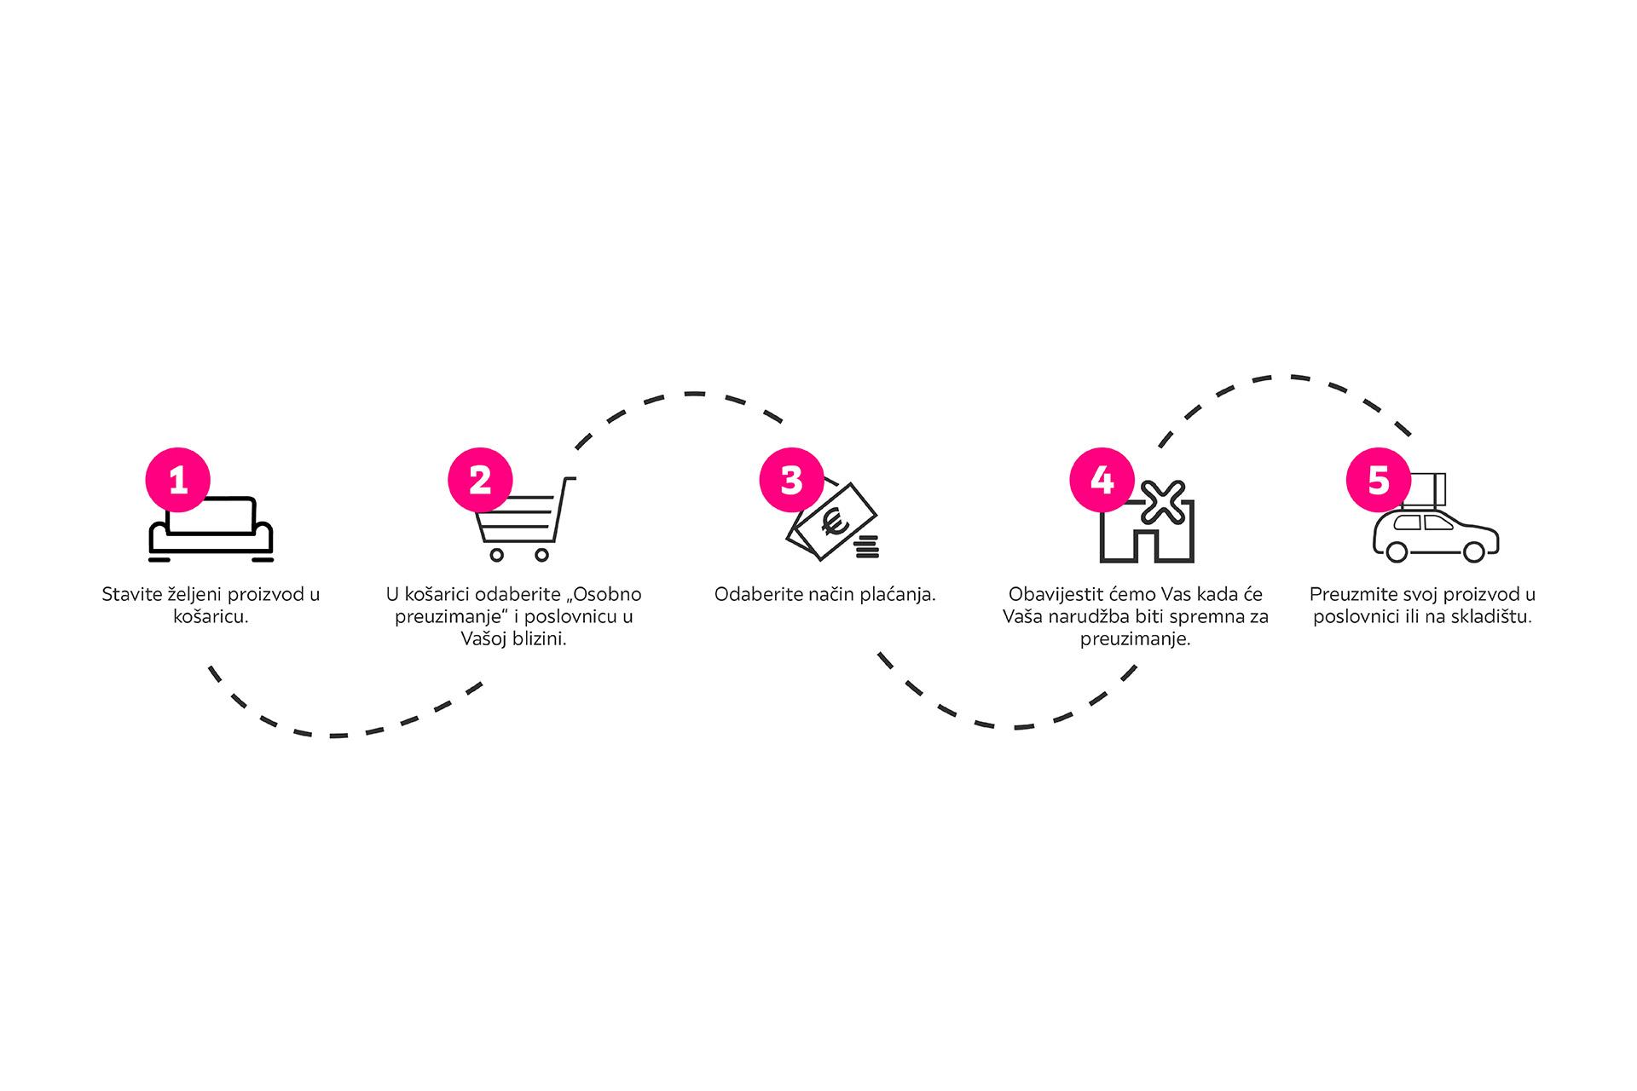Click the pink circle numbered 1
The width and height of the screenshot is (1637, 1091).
178,480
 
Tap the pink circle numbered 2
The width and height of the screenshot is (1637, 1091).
480,480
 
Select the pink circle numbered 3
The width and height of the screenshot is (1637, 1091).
791,480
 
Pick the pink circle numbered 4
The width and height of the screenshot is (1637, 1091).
1102,480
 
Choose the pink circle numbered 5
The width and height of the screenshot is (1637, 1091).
1378,480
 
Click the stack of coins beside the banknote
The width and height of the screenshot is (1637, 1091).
866,546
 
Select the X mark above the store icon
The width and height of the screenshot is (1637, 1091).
1164,503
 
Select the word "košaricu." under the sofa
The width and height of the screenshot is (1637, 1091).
211,616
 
